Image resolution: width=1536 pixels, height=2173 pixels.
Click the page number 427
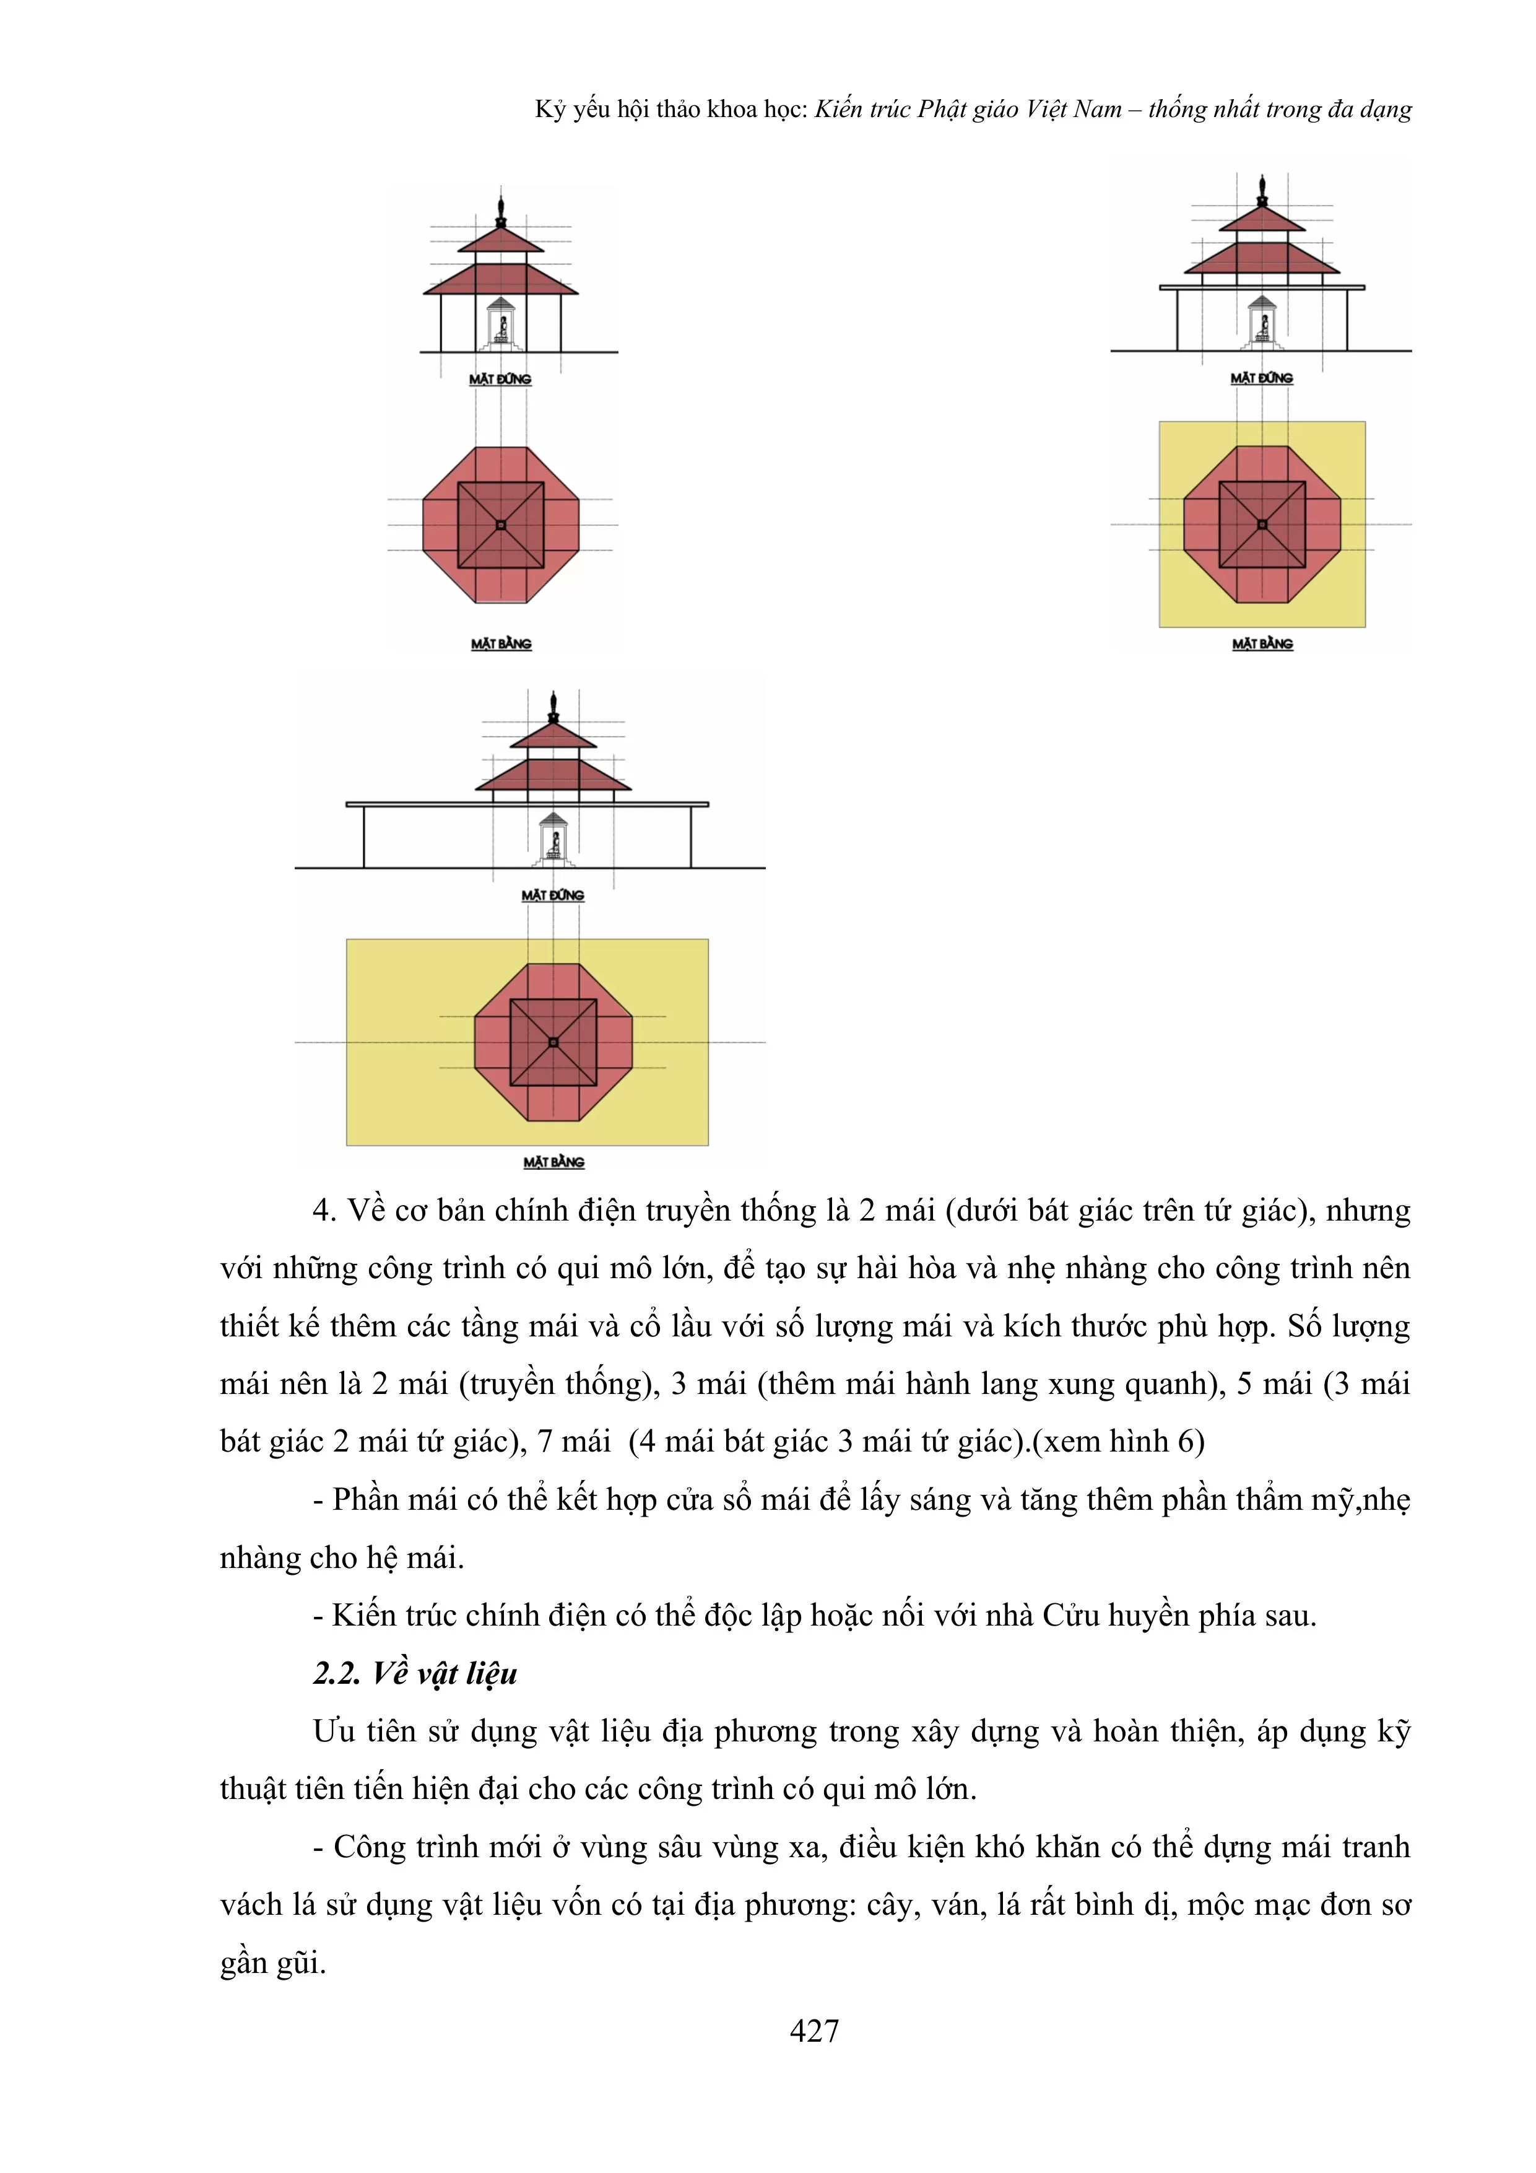click(814, 2030)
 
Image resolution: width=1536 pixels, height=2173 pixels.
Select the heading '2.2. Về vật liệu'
click(415, 1673)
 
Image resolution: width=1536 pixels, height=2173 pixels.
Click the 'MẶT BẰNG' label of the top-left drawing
click(501, 643)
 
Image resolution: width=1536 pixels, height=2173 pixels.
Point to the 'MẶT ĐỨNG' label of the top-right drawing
click(1262, 378)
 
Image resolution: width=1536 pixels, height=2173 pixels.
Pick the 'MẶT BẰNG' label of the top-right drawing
click(1262, 643)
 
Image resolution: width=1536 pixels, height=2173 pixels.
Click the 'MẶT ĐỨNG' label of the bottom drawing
click(553, 895)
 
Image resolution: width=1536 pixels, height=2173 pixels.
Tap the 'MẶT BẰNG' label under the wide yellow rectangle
click(553, 1162)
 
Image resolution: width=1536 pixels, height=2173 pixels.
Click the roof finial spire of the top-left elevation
click(501, 206)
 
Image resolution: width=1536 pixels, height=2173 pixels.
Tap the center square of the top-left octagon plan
click(501, 525)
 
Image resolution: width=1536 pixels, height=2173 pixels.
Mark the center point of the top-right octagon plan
click(1262, 525)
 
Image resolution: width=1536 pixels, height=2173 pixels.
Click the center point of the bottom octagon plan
click(553, 1042)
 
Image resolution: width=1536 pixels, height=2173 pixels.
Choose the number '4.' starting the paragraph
click(324, 1211)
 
